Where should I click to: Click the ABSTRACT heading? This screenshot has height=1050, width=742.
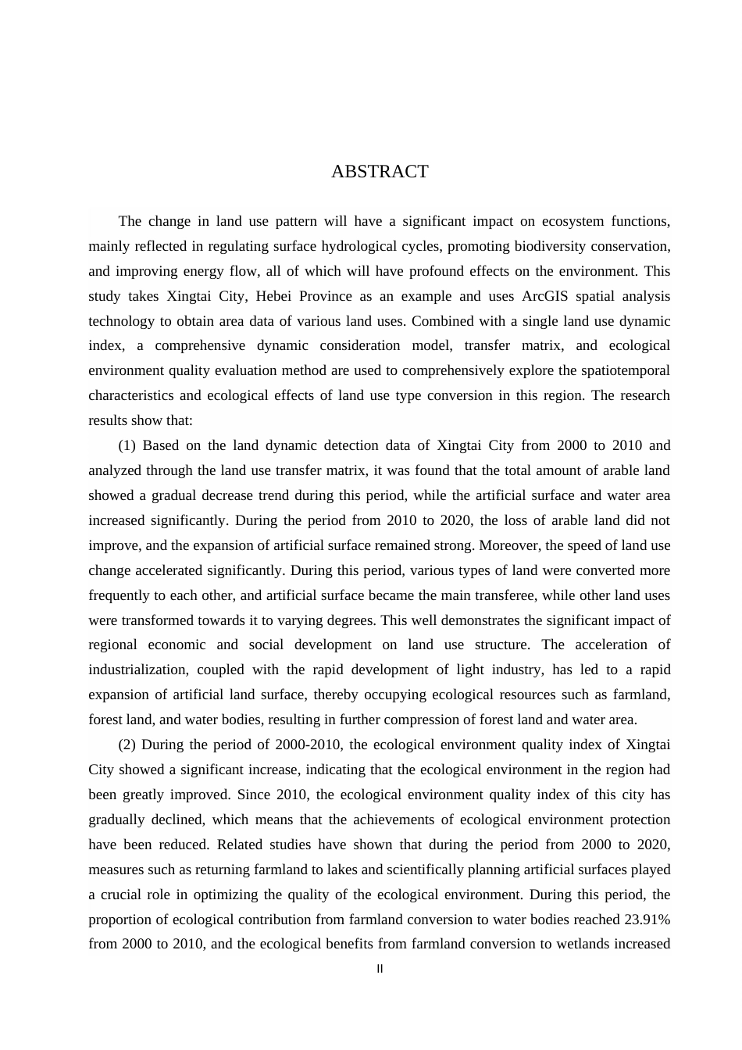coord(380,172)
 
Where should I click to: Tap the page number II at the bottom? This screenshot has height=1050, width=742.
coord(380,970)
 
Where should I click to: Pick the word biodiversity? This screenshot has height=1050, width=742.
coord(550,246)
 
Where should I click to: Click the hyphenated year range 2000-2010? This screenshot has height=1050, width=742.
coord(300,745)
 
